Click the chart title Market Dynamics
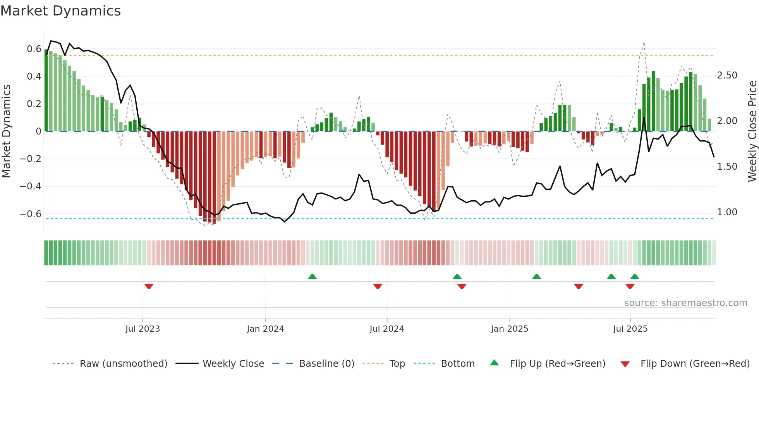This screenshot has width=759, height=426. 60,11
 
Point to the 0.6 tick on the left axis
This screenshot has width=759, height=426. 34,49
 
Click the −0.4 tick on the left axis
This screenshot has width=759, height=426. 31,186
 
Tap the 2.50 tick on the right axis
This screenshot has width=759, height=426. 727,75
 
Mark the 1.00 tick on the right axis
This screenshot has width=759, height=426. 727,212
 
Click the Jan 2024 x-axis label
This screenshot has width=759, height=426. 265,329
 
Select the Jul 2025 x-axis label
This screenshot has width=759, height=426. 630,329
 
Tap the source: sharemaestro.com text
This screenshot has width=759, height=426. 685,303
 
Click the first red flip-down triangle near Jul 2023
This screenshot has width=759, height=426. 149,286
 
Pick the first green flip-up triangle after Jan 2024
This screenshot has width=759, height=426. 312,276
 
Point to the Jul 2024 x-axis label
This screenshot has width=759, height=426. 386,329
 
